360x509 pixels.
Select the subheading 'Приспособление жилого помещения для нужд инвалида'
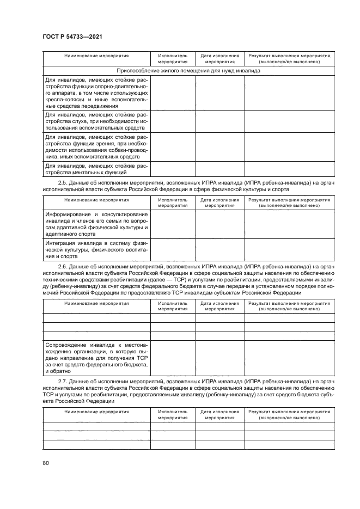[x=188, y=70]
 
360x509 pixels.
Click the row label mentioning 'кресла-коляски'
[x=96, y=93]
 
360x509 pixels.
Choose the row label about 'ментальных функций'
[x=96, y=169]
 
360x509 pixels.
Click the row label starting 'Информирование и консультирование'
[x=96, y=224]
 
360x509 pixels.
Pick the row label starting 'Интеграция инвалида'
[x=96, y=249]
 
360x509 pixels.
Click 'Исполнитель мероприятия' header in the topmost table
[x=173, y=59]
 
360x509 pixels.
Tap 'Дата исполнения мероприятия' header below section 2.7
[x=219, y=415]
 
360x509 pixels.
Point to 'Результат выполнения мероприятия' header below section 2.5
[x=289, y=203]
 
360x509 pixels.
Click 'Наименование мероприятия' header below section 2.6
[x=96, y=303]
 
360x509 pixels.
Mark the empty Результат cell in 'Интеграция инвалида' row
[x=289, y=249]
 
